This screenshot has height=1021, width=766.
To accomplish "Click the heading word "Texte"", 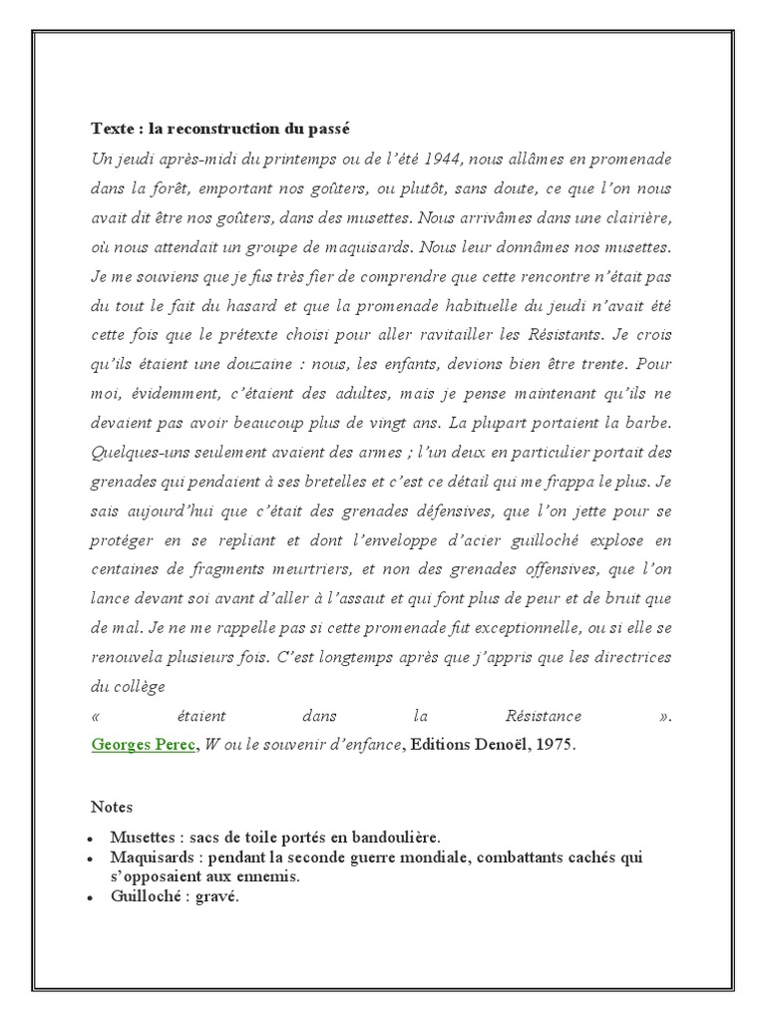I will pyautogui.click(x=112, y=130).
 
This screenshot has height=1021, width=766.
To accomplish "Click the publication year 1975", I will pyautogui.click(x=557, y=745).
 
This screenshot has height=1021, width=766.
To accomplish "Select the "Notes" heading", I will pyautogui.click(x=111, y=806).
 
